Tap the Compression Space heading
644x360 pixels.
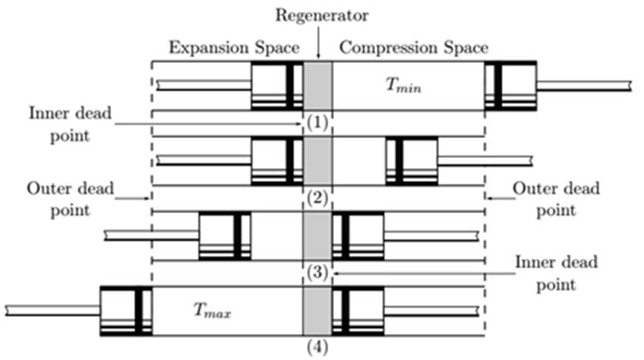point(413,48)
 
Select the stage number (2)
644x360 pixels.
point(317,199)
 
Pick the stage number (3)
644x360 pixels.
point(317,273)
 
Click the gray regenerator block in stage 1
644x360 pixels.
point(317,87)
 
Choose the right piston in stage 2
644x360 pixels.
point(412,161)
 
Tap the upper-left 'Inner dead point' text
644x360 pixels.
point(70,124)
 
